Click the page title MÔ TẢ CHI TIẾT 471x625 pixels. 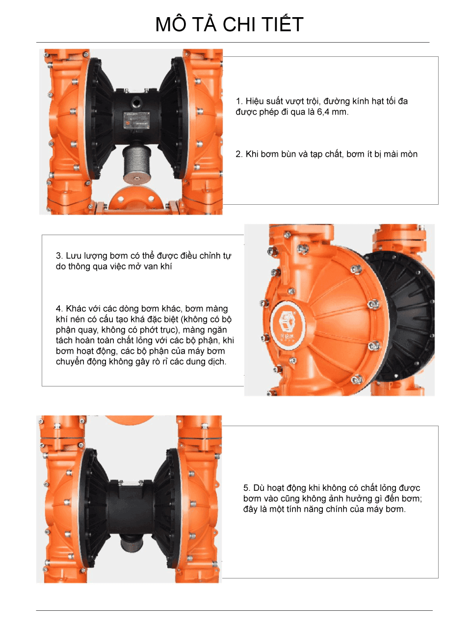[x=230, y=24]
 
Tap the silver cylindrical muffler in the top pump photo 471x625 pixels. [x=136, y=164]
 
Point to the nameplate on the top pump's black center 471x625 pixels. [x=136, y=120]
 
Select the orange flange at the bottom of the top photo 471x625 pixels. [x=136, y=198]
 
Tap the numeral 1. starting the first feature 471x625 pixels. [x=239, y=101]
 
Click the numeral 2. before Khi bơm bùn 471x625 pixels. [x=239, y=154]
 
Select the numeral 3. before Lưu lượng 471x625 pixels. [x=59, y=255]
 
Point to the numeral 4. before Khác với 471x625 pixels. [x=59, y=309]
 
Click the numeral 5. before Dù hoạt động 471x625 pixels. [x=247, y=488]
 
